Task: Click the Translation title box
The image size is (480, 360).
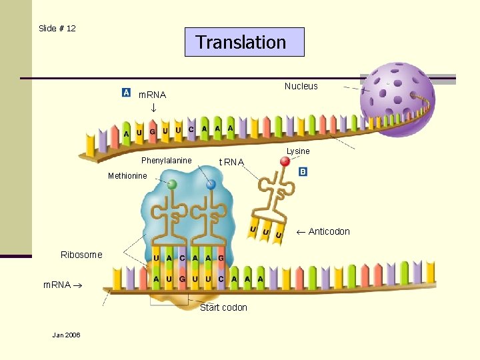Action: (244, 42)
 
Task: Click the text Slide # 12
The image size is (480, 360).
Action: (57, 28)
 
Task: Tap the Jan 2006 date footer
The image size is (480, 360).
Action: (66, 335)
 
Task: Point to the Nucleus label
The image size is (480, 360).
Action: (301, 86)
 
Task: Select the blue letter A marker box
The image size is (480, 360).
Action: (126, 92)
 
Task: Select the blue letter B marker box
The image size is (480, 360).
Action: (303, 171)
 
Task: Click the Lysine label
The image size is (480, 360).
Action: (298, 151)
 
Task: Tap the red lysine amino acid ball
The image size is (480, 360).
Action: (285, 161)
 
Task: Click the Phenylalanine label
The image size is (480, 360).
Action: (166, 161)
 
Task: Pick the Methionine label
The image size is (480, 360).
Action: (127, 176)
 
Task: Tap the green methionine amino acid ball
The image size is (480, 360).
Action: (172, 184)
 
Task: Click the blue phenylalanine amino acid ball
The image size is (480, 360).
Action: (211, 185)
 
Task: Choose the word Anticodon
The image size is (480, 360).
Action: (329, 231)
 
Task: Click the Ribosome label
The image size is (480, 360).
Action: (81, 255)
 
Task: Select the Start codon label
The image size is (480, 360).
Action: (223, 307)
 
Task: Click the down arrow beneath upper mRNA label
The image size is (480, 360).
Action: (153, 107)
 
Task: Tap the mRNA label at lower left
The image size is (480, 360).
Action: (57, 285)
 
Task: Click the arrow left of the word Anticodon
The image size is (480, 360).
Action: (300, 231)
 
